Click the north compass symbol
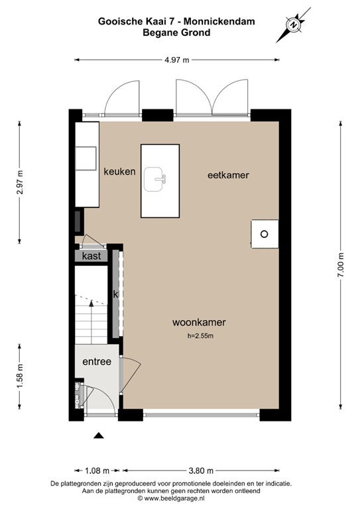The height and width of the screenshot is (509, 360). [x=294, y=25]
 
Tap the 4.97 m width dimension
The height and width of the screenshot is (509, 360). [x=176, y=60]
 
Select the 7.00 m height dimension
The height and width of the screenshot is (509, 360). [x=341, y=265]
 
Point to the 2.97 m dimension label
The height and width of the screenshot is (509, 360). [x=20, y=182]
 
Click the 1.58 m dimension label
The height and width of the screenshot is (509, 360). [x=20, y=376]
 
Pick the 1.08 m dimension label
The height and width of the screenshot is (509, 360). [x=97, y=471]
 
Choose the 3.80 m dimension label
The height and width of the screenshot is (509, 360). [x=201, y=471]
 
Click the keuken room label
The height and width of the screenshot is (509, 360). [x=119, y=172]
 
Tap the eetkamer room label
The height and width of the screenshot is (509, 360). [x=228, y=175]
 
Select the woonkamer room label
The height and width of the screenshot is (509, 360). [x=199, y=322]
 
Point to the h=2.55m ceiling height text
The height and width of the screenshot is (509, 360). [x=200, y=336]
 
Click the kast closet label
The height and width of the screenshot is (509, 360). [x=91, y=256]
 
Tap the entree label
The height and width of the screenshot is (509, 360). [x=97, y=362]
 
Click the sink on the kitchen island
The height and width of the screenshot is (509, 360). [x=155, y=179]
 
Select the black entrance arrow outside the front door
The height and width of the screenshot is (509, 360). [x=99, y=435]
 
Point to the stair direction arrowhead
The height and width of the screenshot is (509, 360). [x=91, y=304]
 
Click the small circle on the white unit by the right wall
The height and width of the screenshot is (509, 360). [x=265, y=234]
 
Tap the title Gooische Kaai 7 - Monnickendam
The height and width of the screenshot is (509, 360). [x=176, y=21]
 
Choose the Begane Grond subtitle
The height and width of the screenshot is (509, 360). [x=176, y=32]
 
